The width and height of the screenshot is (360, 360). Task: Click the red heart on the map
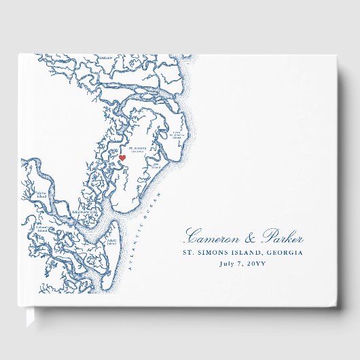[x=123, y=158]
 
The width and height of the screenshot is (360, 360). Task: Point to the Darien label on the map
[x=105, y=58]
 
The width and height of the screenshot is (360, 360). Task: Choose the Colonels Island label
[x=43, y=230]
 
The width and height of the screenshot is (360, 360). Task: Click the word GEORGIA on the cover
[x=285, y=253]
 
